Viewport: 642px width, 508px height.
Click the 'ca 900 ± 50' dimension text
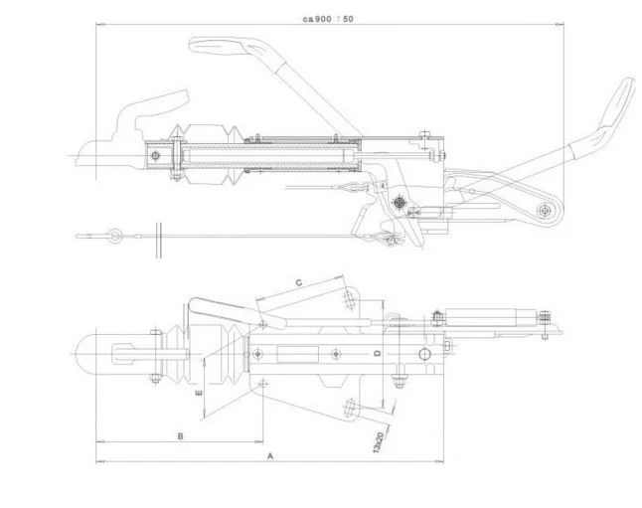coord(328,19)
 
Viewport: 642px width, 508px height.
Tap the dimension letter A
coord(270,455)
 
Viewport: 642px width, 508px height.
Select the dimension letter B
coord(180,436)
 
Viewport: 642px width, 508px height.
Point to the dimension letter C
coord(299,282)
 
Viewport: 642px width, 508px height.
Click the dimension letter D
coord(378,353)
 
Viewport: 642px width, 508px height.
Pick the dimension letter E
coord(199,393)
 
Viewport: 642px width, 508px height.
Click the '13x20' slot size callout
coord(378,442)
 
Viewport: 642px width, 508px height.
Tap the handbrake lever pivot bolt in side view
coord(545,211)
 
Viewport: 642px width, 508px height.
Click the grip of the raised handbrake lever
coord(616,102)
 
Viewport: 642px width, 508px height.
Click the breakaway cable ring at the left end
coord(114,236)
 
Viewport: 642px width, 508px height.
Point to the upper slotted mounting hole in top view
coord(349,299)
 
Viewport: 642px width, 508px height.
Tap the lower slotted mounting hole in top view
coord(350,408)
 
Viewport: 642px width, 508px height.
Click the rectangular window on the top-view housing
coord(298,354)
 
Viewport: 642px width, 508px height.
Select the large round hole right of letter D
coord(425,354)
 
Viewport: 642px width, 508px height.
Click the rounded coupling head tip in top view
coord(80,354)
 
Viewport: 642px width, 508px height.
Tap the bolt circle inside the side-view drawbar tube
coord(155,156)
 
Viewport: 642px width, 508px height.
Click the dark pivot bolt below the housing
coord(400,202)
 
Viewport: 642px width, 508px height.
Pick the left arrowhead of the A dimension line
coord(99,461)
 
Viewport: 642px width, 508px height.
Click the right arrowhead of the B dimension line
coord(259,442)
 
